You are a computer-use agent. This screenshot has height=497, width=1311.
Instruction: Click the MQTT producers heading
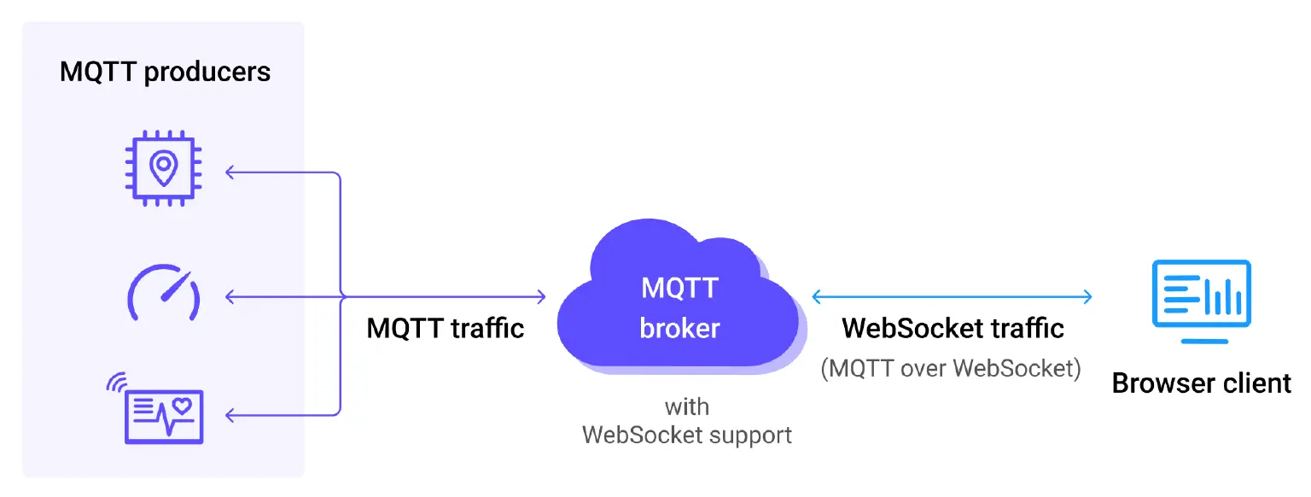(165, 72)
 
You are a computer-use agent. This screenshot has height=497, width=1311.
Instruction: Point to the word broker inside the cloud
(679, 328)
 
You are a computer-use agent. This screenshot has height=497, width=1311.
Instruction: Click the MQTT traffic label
(445, 328)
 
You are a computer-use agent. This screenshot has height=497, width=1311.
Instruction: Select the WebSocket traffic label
(953, 328)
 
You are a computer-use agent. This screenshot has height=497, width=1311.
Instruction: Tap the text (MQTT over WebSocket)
(951, 369)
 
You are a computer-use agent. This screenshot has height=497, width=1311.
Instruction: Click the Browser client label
(1201, 383)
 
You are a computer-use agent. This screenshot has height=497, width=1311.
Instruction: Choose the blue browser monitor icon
(1202, 301)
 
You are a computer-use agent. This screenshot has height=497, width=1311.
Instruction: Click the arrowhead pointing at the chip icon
(229, 172)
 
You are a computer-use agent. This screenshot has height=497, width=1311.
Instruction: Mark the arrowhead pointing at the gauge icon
(229, 297)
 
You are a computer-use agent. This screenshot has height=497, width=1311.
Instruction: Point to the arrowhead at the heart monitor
(229, 415)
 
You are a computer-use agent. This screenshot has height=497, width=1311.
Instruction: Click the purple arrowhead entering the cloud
(542, 297)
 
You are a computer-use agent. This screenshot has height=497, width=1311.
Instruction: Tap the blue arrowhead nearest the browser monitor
(1088, 297)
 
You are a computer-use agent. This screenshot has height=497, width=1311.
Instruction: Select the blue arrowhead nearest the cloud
(816, 297)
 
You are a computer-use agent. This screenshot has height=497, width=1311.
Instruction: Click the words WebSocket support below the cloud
(686, 436)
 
